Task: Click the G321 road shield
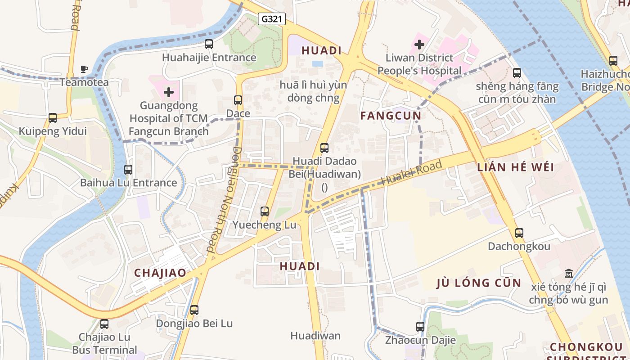pos(272,18)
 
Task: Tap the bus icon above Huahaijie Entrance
pos(209,44)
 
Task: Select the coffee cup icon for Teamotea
pos(84,69)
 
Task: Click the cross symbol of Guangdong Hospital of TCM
pos(169,92)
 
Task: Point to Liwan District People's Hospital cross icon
pos(419,45)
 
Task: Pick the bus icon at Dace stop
pos(238,100)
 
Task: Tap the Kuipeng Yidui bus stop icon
pos(53,118)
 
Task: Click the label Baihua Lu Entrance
pos(128,183)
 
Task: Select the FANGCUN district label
pos(391,116)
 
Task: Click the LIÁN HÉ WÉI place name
pos(516,167)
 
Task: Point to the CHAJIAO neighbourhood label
pos(160,273)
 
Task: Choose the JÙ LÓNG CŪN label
pos(479,283)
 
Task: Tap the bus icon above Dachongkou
pos(519,233)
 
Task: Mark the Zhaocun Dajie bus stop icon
pos(420,327)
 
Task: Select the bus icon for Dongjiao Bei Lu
pos(194,310)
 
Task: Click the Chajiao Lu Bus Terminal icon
pos(104,324)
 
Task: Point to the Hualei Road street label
pos(411,173)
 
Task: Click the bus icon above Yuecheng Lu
pos(265,211)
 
